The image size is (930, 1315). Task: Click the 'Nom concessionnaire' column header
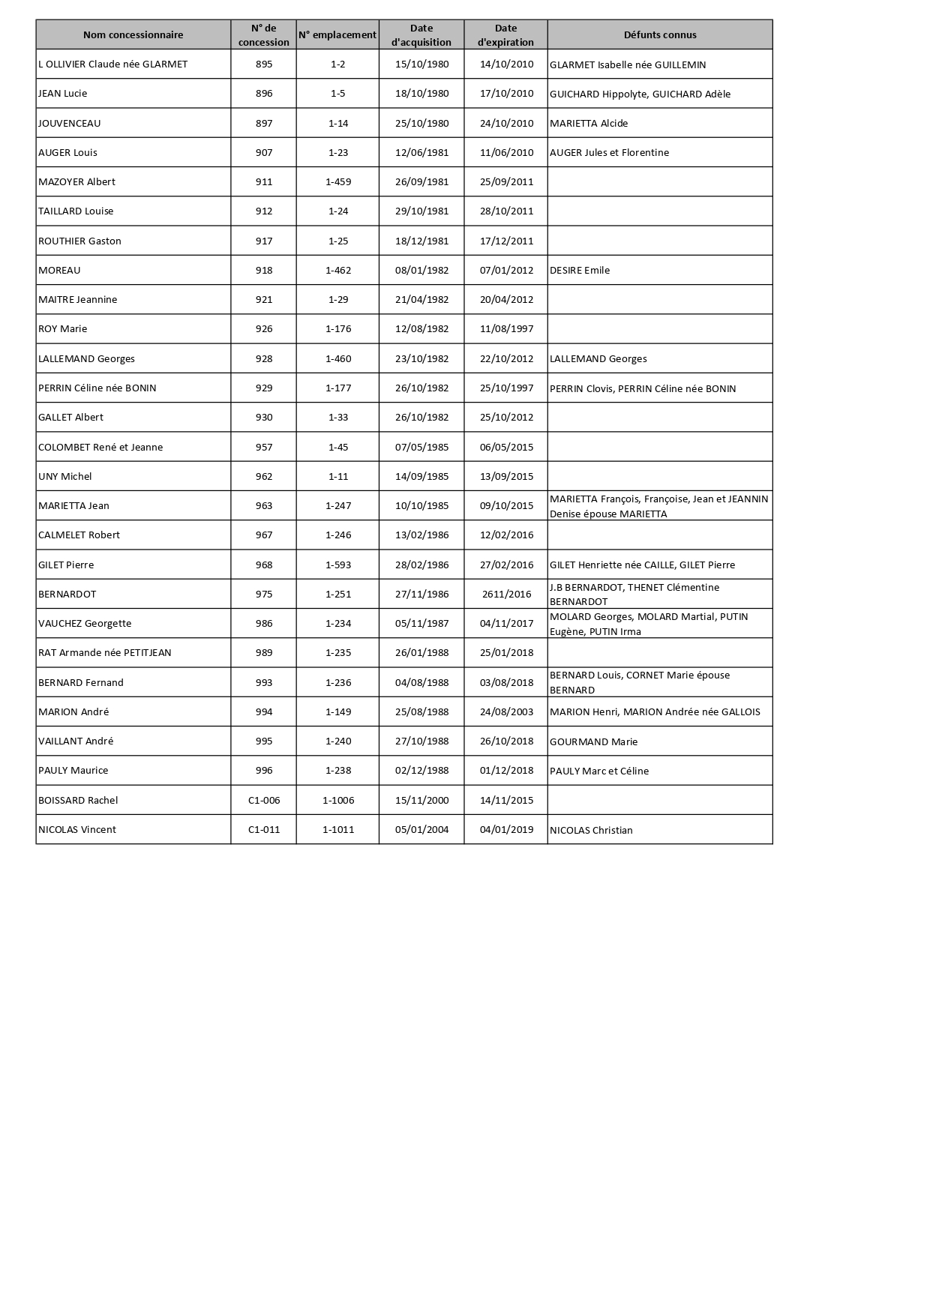133,34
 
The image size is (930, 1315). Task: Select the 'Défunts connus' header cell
660,34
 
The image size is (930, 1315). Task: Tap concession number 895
264,64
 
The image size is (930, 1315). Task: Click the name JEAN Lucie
63,94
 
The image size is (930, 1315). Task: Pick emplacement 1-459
338,181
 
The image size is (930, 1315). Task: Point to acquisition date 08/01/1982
421,270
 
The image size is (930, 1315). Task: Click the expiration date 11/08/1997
506,328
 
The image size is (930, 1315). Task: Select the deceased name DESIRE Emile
580,271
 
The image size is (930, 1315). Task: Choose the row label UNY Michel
65,476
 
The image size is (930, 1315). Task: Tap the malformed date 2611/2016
506,594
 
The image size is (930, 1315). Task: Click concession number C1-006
264,800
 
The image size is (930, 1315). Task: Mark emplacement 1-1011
338,829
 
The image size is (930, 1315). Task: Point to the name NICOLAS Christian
591,830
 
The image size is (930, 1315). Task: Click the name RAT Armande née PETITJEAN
105,652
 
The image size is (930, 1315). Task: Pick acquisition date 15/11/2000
421,800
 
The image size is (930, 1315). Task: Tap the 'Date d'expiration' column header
506,34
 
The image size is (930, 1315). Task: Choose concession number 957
264,447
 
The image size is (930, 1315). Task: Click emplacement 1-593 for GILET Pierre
338,565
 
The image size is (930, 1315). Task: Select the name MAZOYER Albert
76,181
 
